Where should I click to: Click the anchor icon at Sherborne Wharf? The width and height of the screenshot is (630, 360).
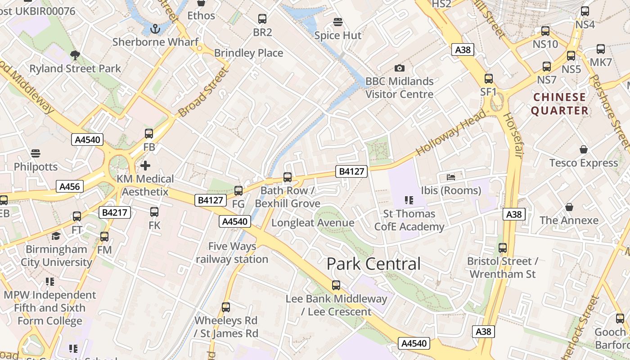click(155, 29)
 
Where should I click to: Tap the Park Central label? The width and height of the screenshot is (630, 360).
click(373, 264)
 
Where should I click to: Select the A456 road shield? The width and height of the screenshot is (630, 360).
click(70, 186)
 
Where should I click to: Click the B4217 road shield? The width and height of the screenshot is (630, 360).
click(115, 212)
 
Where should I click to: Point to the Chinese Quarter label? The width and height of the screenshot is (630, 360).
click(560, 104)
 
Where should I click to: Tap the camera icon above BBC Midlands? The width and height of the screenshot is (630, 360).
click(399, 68)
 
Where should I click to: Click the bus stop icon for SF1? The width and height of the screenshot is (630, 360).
click(489, 79)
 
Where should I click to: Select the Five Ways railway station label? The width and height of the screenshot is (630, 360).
click(232, 253)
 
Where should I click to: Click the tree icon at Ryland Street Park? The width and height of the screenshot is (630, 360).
click(75, 55)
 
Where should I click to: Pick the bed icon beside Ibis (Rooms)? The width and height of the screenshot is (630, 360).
click(451, 177)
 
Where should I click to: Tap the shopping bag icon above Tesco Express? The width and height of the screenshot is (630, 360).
click(584, 149)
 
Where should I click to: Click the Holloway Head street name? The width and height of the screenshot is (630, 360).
click(451, 134)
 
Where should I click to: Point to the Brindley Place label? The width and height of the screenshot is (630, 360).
click(248, 53)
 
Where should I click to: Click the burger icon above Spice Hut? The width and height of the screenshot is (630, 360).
click(338, 22)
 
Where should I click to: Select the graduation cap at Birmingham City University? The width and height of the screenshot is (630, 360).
click(56, 236)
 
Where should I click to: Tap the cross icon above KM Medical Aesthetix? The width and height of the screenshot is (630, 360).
click(145, 165)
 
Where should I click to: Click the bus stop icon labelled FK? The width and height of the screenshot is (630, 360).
click(154, 211)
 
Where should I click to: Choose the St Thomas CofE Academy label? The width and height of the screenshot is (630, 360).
click(409, 220)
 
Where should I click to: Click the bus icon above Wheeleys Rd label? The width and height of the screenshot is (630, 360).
click(226, 307)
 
